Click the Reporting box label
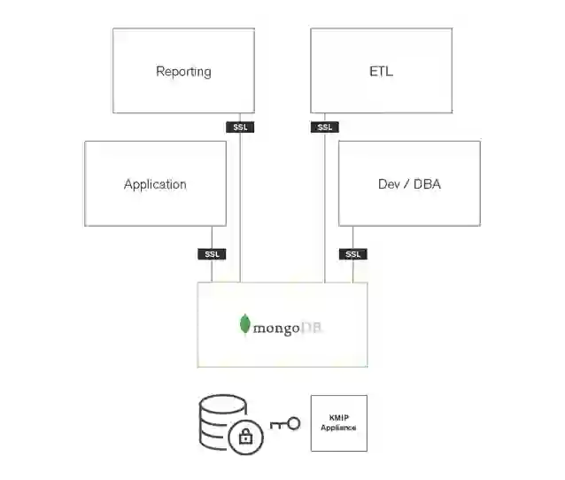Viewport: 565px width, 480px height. pos(183,72)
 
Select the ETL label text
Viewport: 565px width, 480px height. pos(381,72)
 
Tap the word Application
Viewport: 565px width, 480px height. pos(155,184)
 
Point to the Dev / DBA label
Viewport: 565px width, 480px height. pos(409,184)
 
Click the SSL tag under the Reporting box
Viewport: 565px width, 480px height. pos(241,127)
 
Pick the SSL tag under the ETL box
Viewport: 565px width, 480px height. pos(325,127)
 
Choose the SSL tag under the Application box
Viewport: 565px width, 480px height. pos(212,254)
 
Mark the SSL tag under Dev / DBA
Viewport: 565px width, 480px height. pos(352,254)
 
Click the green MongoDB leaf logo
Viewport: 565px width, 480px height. pos(244,324)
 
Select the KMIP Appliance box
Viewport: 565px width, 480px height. pos(338,422)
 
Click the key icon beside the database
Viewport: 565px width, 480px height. pos(284,424)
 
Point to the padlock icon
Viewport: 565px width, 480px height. pos(245,437)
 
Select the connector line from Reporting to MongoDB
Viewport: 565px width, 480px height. pos(241,204)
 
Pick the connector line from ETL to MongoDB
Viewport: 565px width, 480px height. pos(325,204)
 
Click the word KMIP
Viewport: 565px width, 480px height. pos(338,417)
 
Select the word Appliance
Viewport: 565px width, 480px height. pos(338,428)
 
